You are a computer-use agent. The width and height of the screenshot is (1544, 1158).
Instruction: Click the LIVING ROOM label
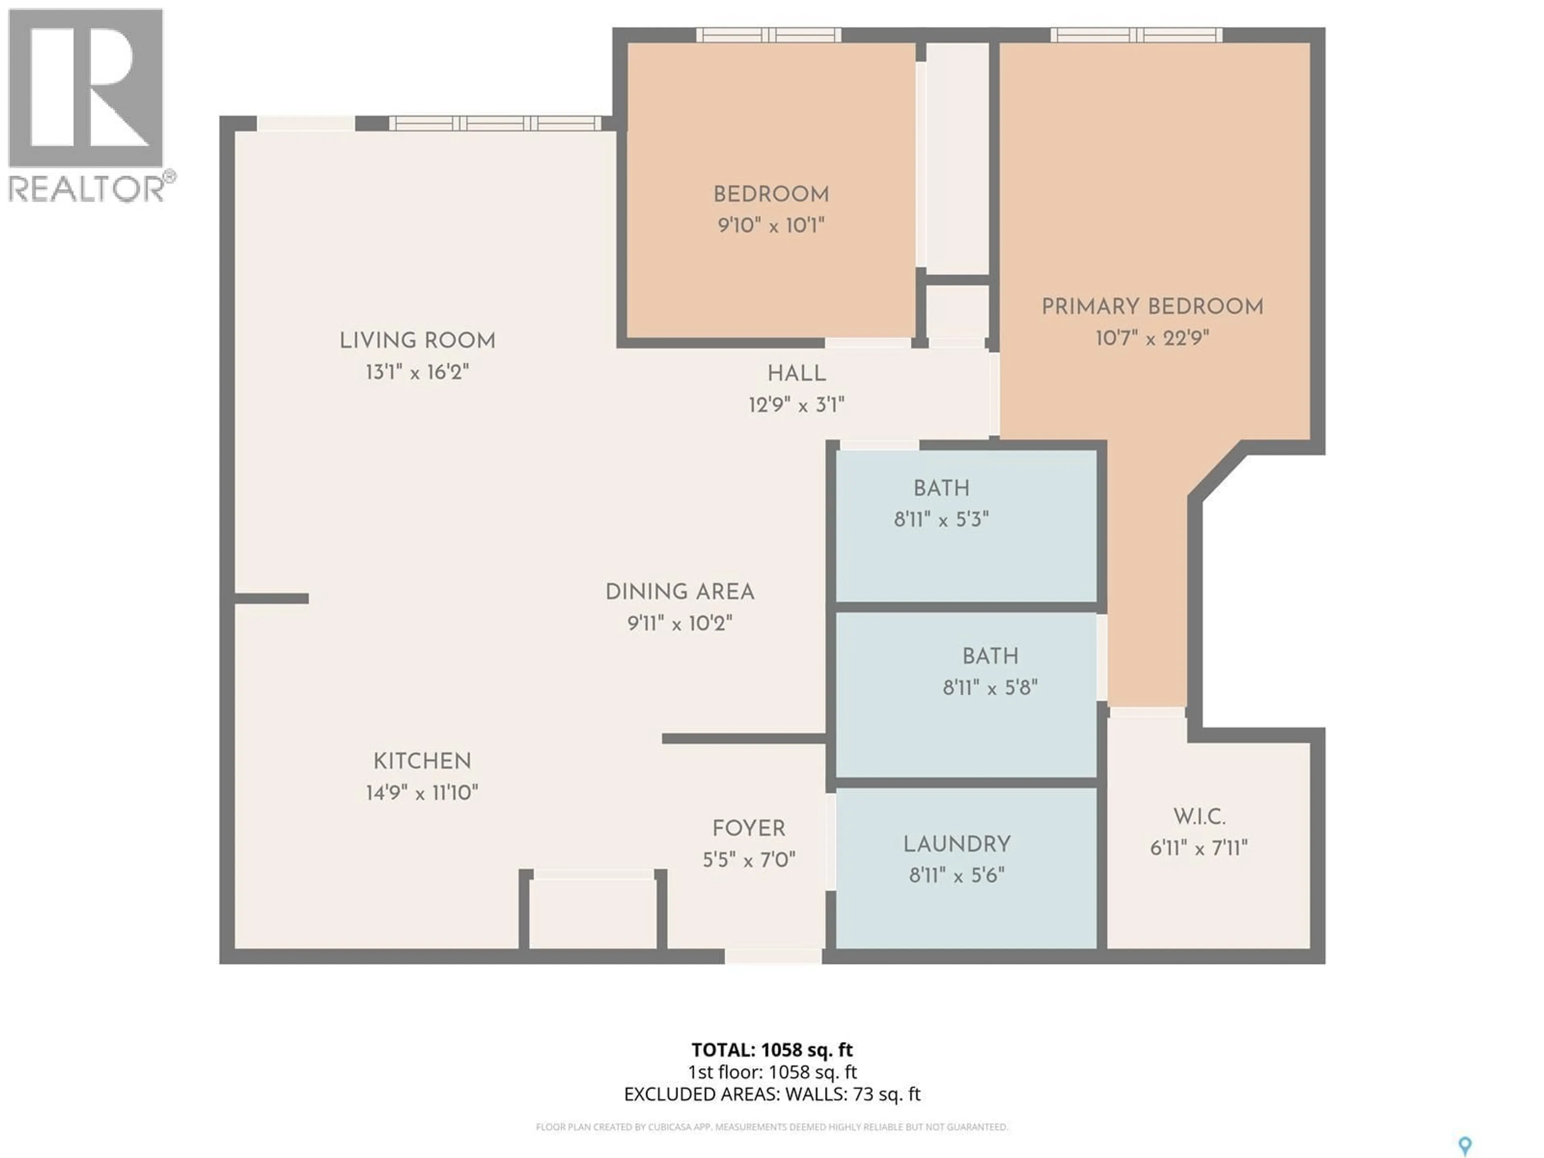[417, 341]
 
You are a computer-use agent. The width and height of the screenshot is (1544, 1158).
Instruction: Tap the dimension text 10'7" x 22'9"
[1152, 339]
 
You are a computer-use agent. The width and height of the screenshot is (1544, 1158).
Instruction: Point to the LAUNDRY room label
[956, 845]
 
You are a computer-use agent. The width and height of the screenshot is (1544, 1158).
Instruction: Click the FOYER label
[748, 829]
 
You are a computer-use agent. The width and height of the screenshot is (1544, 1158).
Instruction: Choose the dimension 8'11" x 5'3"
[941, 519]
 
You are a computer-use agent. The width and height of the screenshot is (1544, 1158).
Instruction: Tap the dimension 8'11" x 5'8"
[990, 688]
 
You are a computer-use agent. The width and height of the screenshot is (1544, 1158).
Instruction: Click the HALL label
[797, 374]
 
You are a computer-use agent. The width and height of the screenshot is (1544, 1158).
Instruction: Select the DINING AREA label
[679, 592]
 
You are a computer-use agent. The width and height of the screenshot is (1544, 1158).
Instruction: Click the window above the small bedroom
[768, 35]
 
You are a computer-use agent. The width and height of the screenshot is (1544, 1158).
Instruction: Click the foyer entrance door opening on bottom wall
[773, 956]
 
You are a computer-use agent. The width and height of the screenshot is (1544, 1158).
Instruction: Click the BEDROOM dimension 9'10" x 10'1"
[771, 226]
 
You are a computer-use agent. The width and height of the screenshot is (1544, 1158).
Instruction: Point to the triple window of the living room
[495, 123]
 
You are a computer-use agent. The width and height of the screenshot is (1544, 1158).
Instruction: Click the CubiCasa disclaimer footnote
[771, 1127]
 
